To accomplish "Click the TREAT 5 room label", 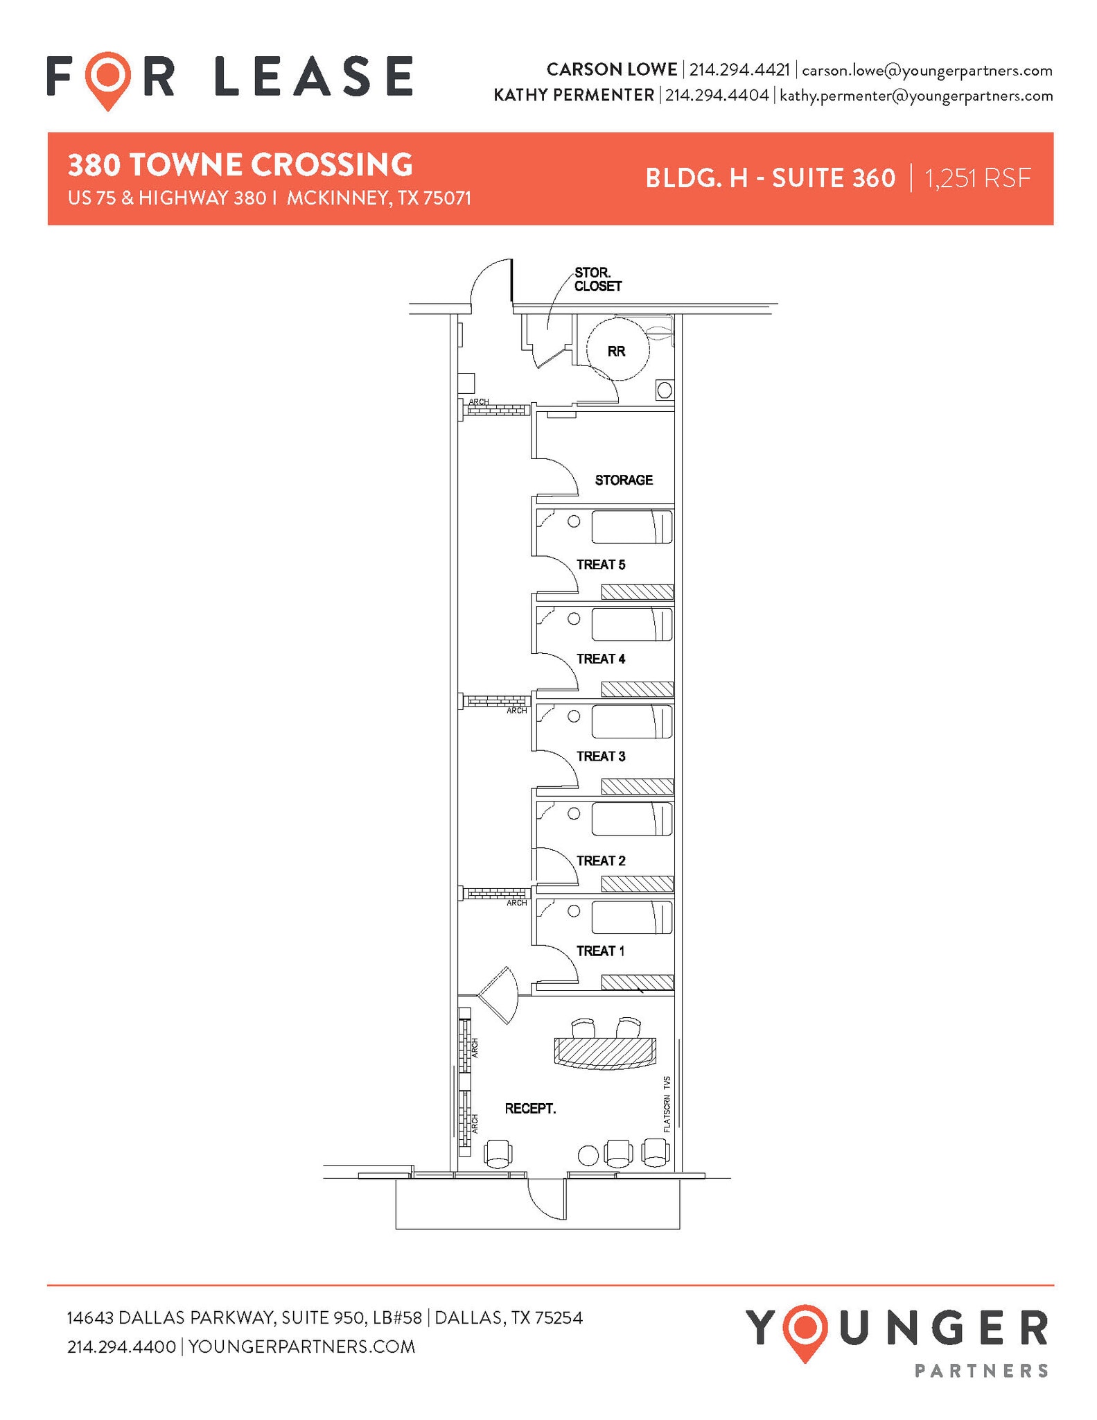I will coord(601,564).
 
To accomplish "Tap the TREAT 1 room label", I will coord(600,951).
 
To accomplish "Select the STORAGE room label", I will coord(624,480).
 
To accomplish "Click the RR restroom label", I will coord(616,352).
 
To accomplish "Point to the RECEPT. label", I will coord(530,1109).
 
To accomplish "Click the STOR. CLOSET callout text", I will coord(597,279).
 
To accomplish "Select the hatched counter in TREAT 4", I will coord(637,689).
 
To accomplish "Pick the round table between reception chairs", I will coord(588,1155).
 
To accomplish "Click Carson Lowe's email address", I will coord(927,71).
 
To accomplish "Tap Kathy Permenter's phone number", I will coord(717,96).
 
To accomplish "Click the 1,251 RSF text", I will coord(977,179).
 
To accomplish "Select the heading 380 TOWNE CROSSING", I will coord(240,165).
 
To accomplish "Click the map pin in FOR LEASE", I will coord(107,79).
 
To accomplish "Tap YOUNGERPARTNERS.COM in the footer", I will coord(301,1347).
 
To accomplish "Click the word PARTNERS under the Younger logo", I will coord(981,1371).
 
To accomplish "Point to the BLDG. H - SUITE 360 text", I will coord(770,179).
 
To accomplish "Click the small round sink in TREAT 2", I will coord(574,813).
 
